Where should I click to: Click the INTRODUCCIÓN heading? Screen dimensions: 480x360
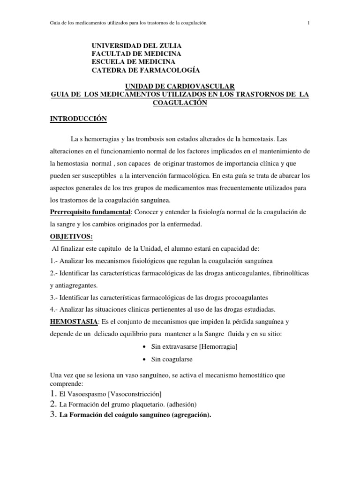tap(79, 120)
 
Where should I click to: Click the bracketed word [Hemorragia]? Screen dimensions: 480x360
tap(218, 347)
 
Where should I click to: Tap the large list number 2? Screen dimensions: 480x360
tap(53, 404)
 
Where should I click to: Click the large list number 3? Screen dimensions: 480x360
tap(53, 414)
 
